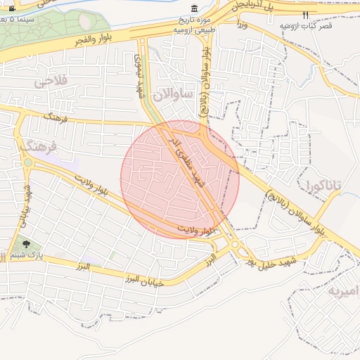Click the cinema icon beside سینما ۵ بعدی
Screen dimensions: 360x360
click(11, 8)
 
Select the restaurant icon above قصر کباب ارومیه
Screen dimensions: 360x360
click(305, 14)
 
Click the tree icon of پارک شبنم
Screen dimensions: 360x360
click(27, 245)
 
